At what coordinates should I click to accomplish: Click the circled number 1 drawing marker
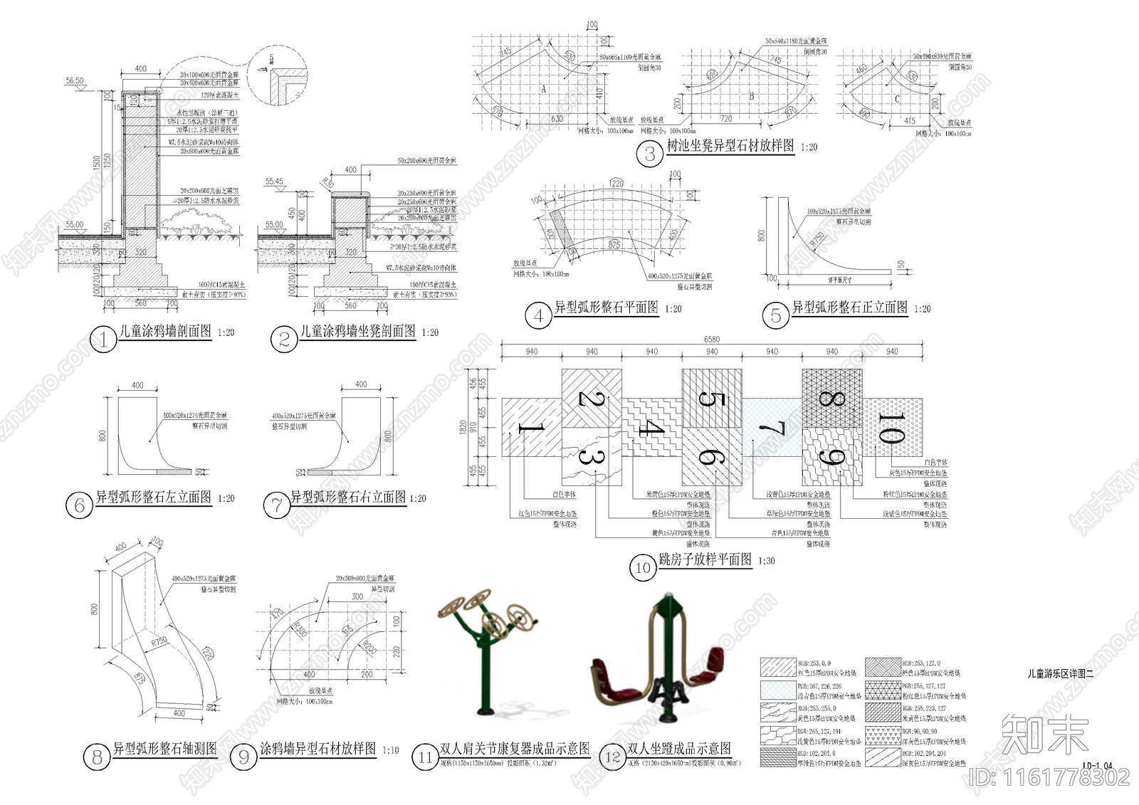[x=103, y=340]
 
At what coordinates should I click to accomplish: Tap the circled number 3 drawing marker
[x=649, y=154]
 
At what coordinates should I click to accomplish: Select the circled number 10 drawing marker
[x=643, y=567]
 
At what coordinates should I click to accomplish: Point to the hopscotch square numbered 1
[x=531, y=428]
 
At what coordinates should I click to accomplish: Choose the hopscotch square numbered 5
[x=712, y=399]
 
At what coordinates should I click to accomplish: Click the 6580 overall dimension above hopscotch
[x=712, y=340]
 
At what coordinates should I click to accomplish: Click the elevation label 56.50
[x=75, y=81]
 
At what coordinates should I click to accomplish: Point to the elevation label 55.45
[x=274, y=182]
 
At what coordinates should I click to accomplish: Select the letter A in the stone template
[x=544, y=89]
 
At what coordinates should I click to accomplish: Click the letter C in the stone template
[x=897, y=100]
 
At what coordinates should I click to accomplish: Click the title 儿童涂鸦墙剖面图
[x=166, y=332]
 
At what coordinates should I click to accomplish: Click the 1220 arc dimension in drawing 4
[x=616, y=184]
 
